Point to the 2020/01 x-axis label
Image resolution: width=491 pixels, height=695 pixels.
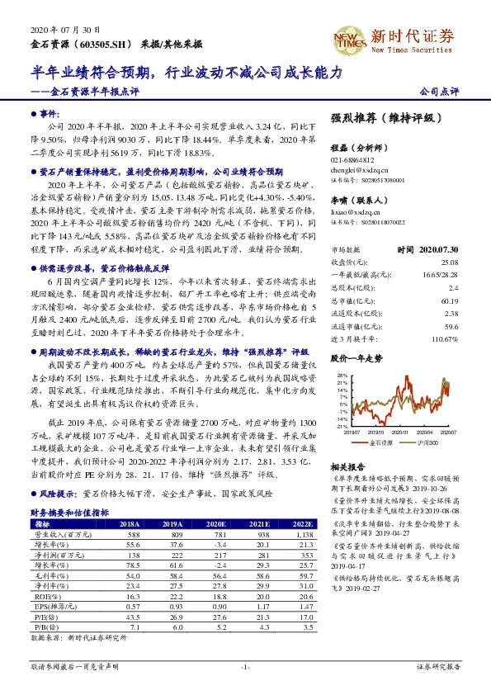pyautogui.click(x=383, y=430)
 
